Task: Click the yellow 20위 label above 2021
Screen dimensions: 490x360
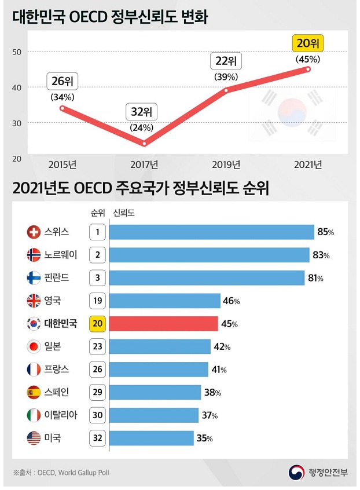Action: tap(308, 43)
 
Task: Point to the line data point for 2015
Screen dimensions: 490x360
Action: tap(62, 108)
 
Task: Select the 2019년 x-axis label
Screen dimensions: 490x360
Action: tap(226, 164)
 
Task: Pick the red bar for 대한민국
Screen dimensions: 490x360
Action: tap(163, 323)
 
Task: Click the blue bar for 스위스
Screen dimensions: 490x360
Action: tap(211, 232)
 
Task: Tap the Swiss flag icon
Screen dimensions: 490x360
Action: tap(34, 232)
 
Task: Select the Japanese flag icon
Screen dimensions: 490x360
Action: tap(34, 346)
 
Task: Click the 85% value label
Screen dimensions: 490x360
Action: tap(326, 232)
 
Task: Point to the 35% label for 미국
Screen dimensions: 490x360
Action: tap(204, 438)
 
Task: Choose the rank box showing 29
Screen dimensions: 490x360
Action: tap(97, 392)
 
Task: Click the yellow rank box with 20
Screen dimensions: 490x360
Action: tap(97, 323)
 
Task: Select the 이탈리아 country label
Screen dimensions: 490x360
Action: tap(61, 415)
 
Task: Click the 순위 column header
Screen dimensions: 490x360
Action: tap(98, 213)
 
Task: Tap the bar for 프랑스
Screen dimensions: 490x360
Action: tap(159, 369)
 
